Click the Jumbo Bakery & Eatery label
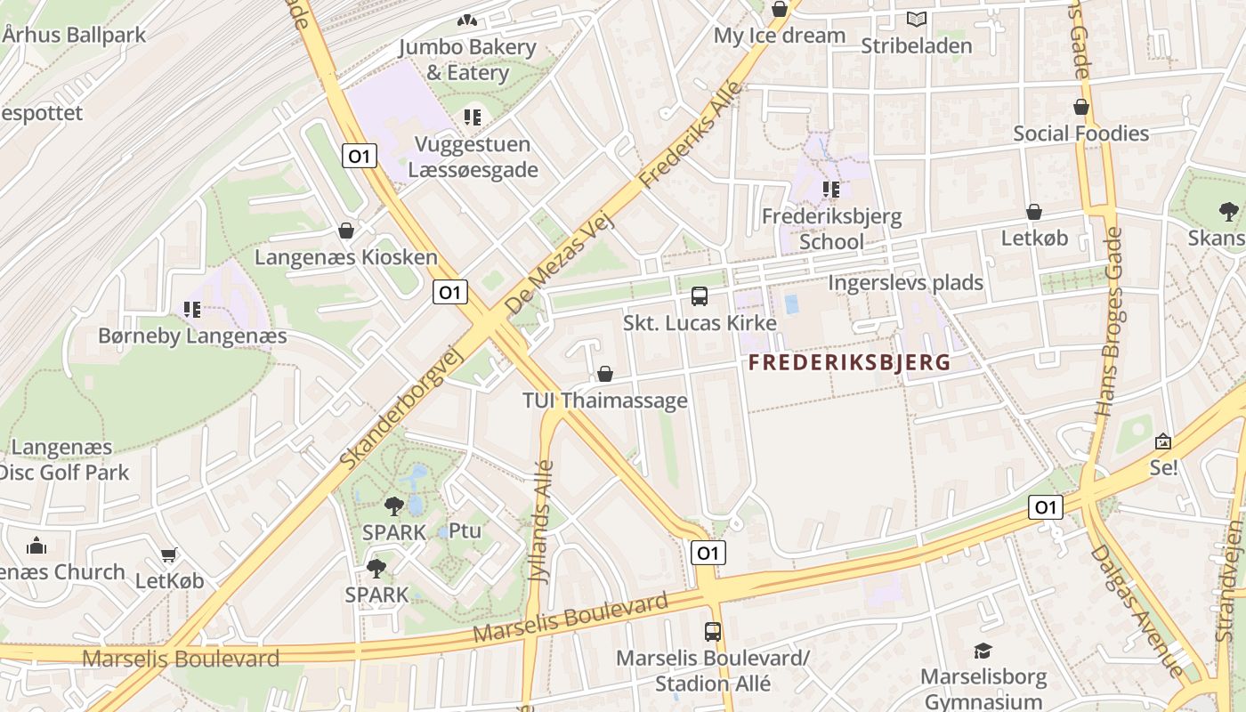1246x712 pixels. (x=467, y=60)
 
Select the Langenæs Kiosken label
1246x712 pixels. (x=346, y=257)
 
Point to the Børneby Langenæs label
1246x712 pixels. (x=192, y=336)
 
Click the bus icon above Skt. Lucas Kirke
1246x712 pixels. (x=700, y=295)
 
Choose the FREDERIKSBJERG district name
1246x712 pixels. (x=849, y=362)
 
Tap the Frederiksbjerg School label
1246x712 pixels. (x=831, y=229)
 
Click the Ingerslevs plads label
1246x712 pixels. (x=905, y=283)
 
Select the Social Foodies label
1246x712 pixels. (x=1081, y=133)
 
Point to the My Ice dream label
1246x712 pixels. (x=780, y=36)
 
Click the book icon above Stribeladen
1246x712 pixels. (x=916, y=19)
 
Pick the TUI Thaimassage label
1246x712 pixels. (x=605, y=400)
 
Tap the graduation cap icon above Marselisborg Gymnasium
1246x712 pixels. (x=983, y=651)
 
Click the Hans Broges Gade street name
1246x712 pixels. (x=1108, y=321)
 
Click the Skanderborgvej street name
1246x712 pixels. (x=403, y=407)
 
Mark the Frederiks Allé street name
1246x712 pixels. (x=691, y=134)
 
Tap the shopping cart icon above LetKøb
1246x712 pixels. (x=169, y=555)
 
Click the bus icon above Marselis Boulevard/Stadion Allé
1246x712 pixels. (x=712, y=632)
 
